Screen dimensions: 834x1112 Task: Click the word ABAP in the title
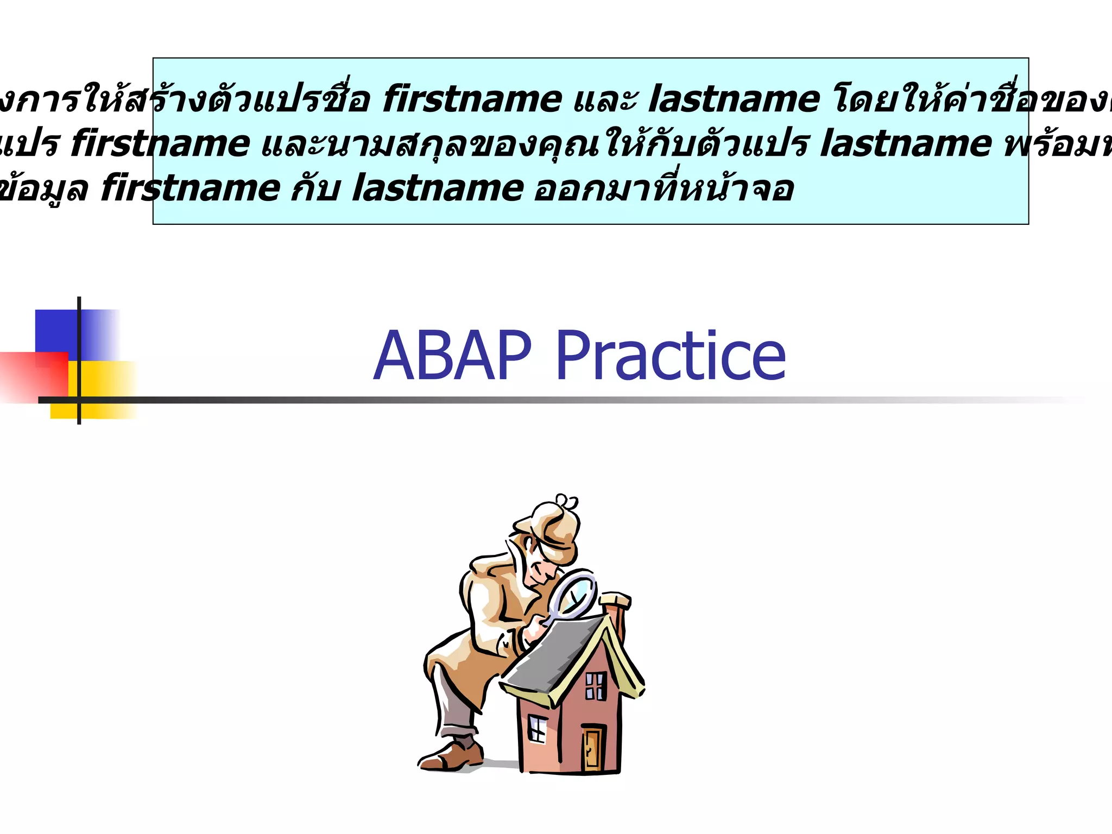tap(452, 356)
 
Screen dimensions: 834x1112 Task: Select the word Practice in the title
tap(671, 356)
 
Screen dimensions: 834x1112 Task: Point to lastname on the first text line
tap(734, 99)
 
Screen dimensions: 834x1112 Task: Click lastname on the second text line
tap(906, 144)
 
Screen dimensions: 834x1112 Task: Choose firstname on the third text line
tap(191, 188)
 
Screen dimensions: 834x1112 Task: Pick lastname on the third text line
tap(438, 188)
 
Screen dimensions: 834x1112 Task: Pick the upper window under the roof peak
tap(595, 686)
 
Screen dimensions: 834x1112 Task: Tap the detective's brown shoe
tap(451, 756)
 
